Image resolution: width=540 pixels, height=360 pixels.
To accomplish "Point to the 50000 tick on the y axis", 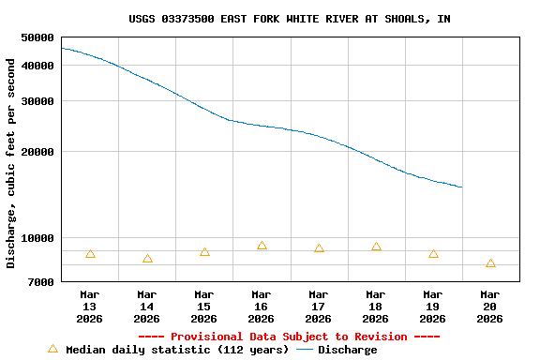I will coord(37,37).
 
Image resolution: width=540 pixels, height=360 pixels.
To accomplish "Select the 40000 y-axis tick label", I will coord(37,66).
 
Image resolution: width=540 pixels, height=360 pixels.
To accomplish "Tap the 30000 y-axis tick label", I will coord(37,101).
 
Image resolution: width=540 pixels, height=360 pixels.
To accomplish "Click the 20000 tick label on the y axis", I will coord(37,152).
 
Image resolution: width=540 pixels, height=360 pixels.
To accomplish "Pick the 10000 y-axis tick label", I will coord(37,238).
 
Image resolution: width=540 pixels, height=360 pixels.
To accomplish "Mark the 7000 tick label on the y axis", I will coord(41,282).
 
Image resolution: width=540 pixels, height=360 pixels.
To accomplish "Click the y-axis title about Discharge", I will coord(11,163).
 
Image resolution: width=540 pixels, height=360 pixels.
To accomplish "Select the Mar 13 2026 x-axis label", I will coord(90,307).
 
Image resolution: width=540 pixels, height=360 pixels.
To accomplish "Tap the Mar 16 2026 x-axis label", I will coord(262,307).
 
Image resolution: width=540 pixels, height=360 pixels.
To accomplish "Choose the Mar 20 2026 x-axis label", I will coord(489,307).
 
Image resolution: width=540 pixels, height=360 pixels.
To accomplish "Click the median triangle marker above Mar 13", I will coord(90,254).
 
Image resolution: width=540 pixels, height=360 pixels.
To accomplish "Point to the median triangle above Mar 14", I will coord(147,259).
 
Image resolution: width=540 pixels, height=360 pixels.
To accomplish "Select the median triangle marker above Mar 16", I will coord(262,246).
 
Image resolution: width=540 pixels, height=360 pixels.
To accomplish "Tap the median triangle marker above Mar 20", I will coord(490,264).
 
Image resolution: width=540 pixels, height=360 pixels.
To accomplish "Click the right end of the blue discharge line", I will coord(461,187).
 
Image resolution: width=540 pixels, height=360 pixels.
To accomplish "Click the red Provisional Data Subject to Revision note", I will coord(289,337).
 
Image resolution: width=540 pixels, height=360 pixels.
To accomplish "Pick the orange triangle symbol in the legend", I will coord(52,349).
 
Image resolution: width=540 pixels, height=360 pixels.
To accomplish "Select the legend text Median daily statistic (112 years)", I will coord(175,350).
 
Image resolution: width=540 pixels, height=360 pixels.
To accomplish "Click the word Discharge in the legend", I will coord(347,350).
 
